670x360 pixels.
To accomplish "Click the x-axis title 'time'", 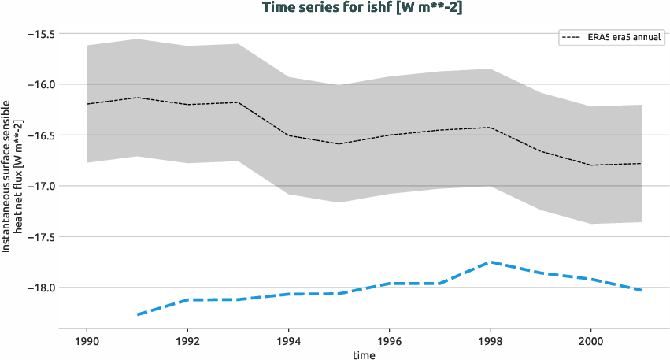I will point(364,354).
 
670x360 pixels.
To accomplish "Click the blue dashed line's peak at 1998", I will point(490,262).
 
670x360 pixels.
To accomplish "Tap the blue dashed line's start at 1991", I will point(137,315).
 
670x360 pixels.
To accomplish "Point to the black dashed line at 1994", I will point(288,135).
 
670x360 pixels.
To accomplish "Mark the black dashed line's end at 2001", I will point(641,163).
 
